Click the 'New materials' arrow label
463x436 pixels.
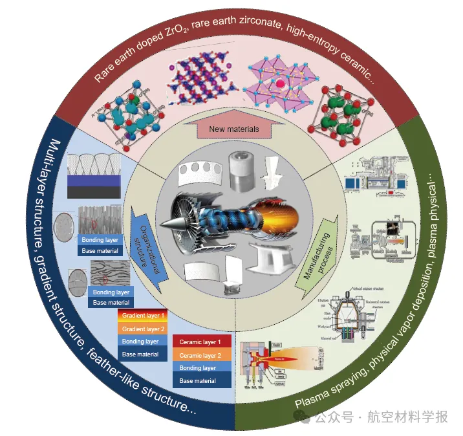[x=234, y=129]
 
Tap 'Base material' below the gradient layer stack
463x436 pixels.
[x=142, y=354]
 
